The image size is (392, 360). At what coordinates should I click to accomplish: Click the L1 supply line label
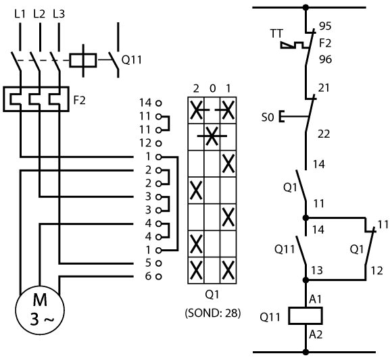20,14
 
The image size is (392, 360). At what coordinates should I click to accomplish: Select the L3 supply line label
59,14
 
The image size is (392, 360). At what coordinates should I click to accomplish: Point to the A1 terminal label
316,299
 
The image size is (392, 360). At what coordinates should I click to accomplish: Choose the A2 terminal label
316,334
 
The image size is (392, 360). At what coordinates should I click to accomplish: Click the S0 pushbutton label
268,117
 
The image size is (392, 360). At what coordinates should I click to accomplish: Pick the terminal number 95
325,26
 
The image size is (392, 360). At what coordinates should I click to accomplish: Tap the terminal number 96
325,59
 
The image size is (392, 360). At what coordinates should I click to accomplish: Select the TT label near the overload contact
276,34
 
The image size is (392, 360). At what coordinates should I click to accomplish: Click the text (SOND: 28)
213,313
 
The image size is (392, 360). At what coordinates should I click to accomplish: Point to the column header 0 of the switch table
212,88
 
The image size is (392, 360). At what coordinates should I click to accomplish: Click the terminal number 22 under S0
324,134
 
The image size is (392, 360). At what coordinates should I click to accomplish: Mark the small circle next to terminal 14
159,103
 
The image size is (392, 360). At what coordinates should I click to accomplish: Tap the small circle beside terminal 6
159,276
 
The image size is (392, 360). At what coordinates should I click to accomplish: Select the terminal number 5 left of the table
148,263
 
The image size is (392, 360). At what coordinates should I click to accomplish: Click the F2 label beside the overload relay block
80,100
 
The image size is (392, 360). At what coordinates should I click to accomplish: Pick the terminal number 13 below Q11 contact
317,270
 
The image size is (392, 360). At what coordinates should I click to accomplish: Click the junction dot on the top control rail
305,7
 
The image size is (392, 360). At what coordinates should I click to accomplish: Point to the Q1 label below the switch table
212,294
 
